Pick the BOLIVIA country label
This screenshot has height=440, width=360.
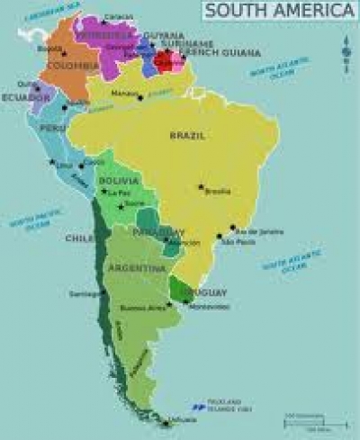pyautogui.click(x=118, y=181)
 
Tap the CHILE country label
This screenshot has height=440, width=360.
pyautogui.click(x=76, y=238)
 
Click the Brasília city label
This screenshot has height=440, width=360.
pyautogui.click(x=218, y=192)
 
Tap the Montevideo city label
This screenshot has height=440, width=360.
pyautogui.click(x=209, y=307)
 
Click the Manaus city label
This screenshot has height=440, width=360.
pyautogui.click(x=123, y=93)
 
